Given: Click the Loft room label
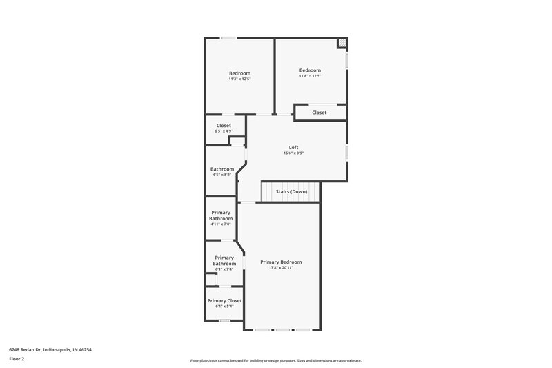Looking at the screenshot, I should click(294, 147).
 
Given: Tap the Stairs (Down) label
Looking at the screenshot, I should click(291, 191).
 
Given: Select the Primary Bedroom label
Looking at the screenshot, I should click(281, 262).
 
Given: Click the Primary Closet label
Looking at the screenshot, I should click(224, 300).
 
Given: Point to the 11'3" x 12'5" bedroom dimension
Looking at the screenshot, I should click(239, 79).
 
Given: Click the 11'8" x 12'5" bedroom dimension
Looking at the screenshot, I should click(310, 76).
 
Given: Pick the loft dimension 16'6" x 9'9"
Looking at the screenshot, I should click(294, 153).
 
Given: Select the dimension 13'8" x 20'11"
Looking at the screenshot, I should click(281, 268).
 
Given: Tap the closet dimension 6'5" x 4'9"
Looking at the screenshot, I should click(224, 130).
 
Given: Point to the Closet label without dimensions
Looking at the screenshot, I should click(319, 112).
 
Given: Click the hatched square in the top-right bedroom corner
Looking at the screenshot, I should click(341, 43).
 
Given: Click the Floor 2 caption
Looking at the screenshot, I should click(17, 359).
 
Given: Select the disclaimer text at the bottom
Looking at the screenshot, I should click(275, 360).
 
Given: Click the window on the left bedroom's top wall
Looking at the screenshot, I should click(228, 37).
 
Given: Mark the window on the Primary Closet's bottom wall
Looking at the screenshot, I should click(224, 320).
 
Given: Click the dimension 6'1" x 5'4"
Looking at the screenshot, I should click(224, 306).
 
